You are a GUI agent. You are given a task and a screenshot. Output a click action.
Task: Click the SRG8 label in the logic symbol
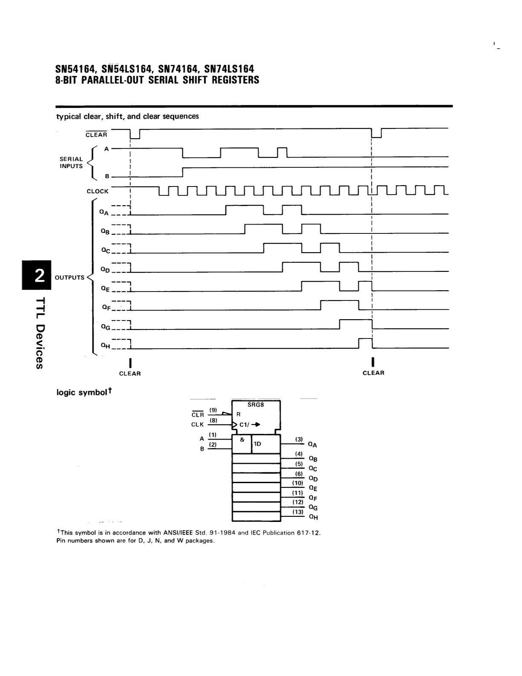click(x=255, y=405)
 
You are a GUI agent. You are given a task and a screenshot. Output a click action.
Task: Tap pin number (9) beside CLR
click(x=213, y=410)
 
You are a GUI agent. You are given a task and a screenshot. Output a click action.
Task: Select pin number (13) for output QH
click(x=298, y=511)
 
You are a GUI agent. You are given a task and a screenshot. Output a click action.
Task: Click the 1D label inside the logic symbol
click(x=258, y=443)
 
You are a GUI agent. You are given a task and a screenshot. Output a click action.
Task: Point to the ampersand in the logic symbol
click(x=242, y=440)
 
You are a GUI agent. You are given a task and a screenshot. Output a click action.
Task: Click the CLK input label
click(x=197, y=424)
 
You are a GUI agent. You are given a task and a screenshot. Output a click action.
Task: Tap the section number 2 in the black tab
click(x=39, y=275)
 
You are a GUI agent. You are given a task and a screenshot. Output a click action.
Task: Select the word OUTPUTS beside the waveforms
click(x=70, y=277)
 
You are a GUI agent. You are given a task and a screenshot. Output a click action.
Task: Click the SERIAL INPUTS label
click(x=71, y=163)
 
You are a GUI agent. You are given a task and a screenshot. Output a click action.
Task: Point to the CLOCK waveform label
click(x=98, y=191)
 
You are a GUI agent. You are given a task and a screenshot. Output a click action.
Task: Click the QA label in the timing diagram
click(x=104, y=213)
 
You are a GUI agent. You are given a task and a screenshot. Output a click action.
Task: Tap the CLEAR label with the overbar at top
click(x=96, y=134)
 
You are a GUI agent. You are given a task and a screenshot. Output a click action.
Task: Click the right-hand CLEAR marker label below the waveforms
click(x=374, y=373)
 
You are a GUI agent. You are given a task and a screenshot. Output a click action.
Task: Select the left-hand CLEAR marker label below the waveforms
click(x=130, y=373)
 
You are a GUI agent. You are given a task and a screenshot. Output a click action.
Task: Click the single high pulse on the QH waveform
click(x=365, y=339)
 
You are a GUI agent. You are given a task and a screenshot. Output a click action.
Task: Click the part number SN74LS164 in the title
click(x=229, y=69)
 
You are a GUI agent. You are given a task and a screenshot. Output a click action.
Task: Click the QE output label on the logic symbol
click(x=313, y=488)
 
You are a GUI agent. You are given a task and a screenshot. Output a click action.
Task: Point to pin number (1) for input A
click(x=213, y=434)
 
